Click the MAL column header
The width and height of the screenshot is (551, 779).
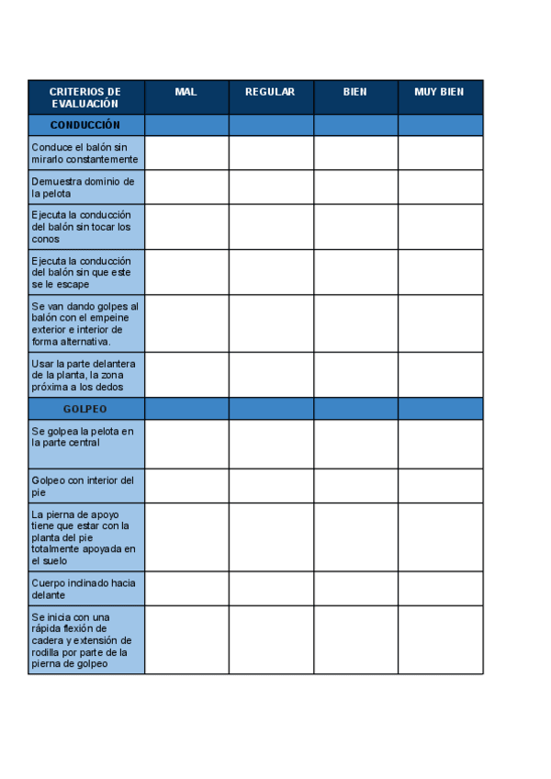pyautogui.click(x=186, y=92)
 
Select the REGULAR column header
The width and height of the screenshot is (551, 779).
pyautogui.click(x=270, y=92)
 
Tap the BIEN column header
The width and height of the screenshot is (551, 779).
pyautogui.click(x=355, y=92)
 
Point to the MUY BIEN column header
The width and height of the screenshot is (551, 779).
pyautogui.click(x=439, y=92)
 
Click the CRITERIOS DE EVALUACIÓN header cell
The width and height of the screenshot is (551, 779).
pyautogui.click(x=85, y=97)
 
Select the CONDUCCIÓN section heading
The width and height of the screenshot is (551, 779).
pyautogui.click(x=85, y=125)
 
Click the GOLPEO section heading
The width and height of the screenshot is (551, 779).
pyautogui.click(x=85, y=409)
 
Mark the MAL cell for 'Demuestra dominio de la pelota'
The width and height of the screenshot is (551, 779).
pyautogui.click(x=186, y=187)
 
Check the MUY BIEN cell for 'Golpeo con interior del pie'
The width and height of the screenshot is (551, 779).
pyautogui.click(x=440, y=486)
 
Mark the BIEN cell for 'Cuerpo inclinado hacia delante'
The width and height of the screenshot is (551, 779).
pyautogui.click(x=355, y=589)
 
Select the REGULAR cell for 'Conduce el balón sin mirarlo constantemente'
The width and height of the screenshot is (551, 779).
pyautogui.click(x=271, y=152)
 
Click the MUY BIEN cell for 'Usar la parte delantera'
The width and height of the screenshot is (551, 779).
pyautogui.click(x=440, y=375)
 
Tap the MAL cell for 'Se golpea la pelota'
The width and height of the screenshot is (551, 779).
pyautogui.click(x=186, y=444)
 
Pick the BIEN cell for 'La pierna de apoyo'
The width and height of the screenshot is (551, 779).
pyautogui.click(x=355, y=537)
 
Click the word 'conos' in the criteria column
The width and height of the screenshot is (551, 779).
pyautogui.click(x=45, y=239)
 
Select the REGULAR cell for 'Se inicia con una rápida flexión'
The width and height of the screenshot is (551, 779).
pyautogui.click(x=271, y=639)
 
